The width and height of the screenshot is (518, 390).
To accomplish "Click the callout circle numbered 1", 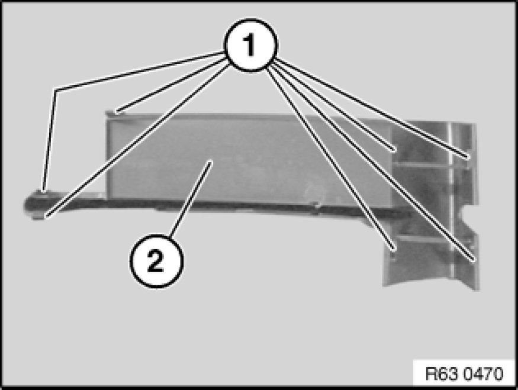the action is pos(251,45).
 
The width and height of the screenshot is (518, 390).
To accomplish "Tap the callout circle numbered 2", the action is pos(156,261).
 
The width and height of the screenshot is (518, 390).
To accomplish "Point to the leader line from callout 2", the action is pos(191,199).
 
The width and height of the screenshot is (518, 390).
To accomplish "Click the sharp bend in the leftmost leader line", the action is pos(55,90).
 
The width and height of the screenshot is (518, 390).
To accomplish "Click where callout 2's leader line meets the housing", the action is pos(210,162).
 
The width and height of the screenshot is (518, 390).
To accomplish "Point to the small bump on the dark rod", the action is pos(317,205).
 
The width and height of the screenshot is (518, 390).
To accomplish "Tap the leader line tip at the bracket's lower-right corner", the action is pos(474,260).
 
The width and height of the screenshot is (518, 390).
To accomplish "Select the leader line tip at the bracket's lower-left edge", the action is pos(393,249).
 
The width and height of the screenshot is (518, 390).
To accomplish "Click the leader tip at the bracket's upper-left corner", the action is pos(394,150).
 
